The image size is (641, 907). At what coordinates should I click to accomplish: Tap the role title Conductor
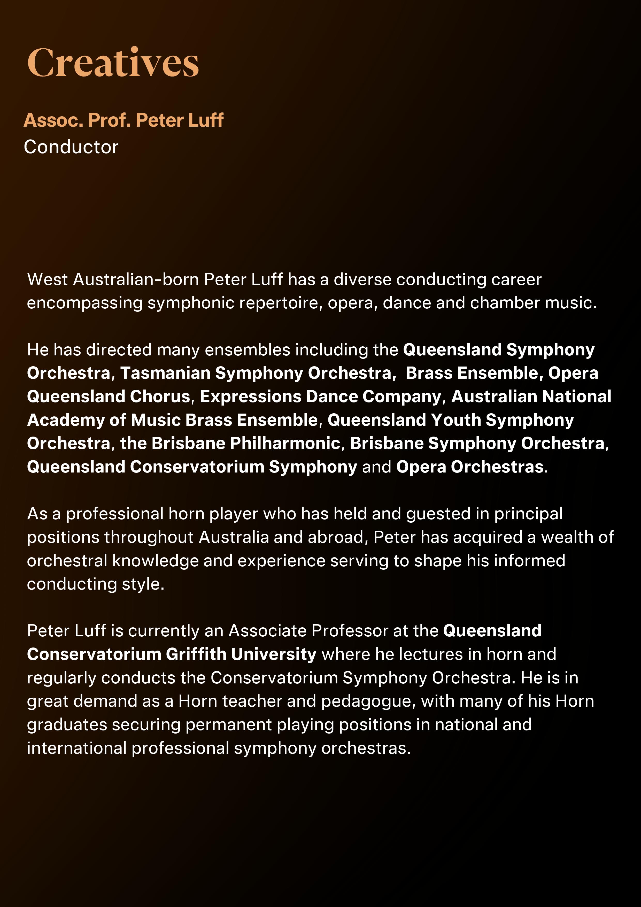(x=71, y=147)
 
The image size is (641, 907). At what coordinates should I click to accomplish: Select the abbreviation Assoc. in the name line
(x=53, y=120)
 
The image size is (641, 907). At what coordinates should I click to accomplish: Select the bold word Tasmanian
(x=165, y=373)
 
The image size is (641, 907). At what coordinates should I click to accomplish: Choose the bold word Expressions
(x=250, y=397)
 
